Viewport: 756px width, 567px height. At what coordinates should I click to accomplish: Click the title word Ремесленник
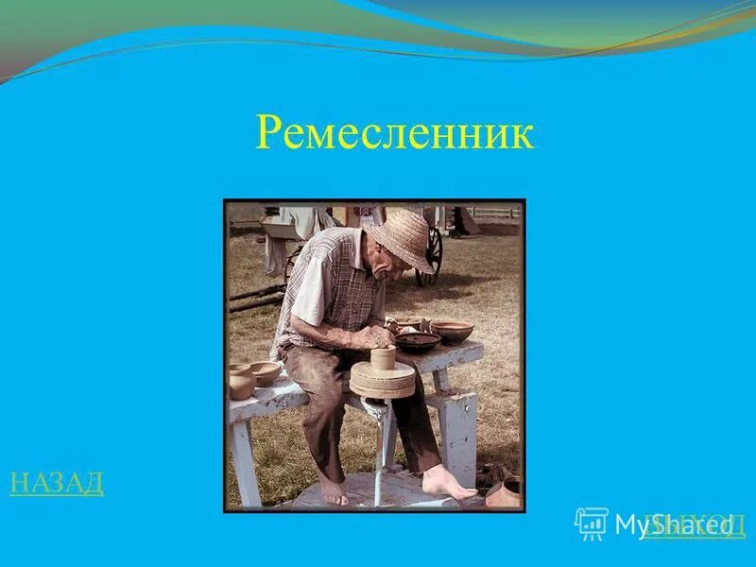[394, 134]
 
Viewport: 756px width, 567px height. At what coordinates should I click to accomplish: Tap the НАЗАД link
[57, 483]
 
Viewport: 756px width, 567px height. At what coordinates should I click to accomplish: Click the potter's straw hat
[401, 238]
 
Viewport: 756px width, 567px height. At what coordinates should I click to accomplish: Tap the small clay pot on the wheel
[382, 358]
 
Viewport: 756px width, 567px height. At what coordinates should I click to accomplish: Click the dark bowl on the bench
[418, 341]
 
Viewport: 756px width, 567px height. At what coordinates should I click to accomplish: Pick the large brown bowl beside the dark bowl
[453, 331]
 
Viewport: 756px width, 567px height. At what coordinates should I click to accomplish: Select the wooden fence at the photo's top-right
[493, 214]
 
